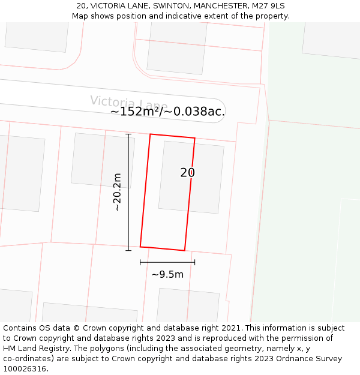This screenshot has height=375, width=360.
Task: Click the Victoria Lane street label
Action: (128, 103)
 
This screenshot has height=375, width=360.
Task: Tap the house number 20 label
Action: (187, 173)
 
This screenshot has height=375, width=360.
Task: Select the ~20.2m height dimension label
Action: (118, 192)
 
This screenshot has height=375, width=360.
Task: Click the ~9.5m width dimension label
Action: (167, 275)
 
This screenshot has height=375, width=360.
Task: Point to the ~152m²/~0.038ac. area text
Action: (168, 112)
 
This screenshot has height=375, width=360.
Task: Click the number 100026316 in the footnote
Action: (25, 369)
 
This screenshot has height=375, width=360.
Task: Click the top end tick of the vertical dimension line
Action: (128, 134)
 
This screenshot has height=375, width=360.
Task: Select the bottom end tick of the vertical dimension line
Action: (128, 250)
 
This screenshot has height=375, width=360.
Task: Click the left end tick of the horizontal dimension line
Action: (140, 262)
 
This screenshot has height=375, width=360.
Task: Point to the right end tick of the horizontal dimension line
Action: (195, 262)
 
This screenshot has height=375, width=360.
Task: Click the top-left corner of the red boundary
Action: (150, 134)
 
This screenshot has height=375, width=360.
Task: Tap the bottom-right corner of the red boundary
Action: (184, 251)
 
